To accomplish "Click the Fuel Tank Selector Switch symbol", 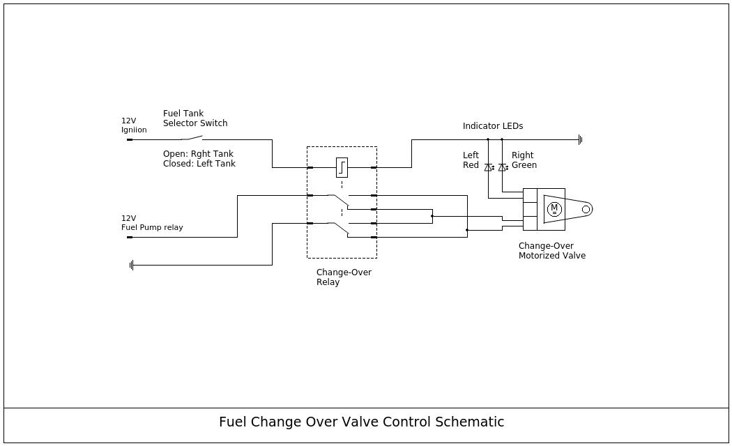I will tap(191, 138).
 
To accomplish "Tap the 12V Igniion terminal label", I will tap(134, 125).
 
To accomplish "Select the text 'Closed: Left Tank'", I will tap(199, 164).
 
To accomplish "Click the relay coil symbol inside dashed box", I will tap(342, 167).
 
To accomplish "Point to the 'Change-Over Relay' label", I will tap(343, 277).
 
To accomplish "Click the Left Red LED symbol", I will tap(489, 167).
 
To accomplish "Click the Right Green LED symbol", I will tap(503, 167).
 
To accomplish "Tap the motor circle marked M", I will tap(554, 209).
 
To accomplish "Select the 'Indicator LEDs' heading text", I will tap(492, 126).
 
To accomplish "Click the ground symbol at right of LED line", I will tap(580, 139).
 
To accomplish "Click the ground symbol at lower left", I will tap(131, 265).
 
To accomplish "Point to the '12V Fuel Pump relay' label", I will tap(151, 223).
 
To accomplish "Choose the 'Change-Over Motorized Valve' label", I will tap(551, 251).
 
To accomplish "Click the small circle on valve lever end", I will tap(586, 209).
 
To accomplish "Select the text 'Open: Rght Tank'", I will tap(198, 154).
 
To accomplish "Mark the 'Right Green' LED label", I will tap(524, 160).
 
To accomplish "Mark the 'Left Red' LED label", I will tap(471, 160).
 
